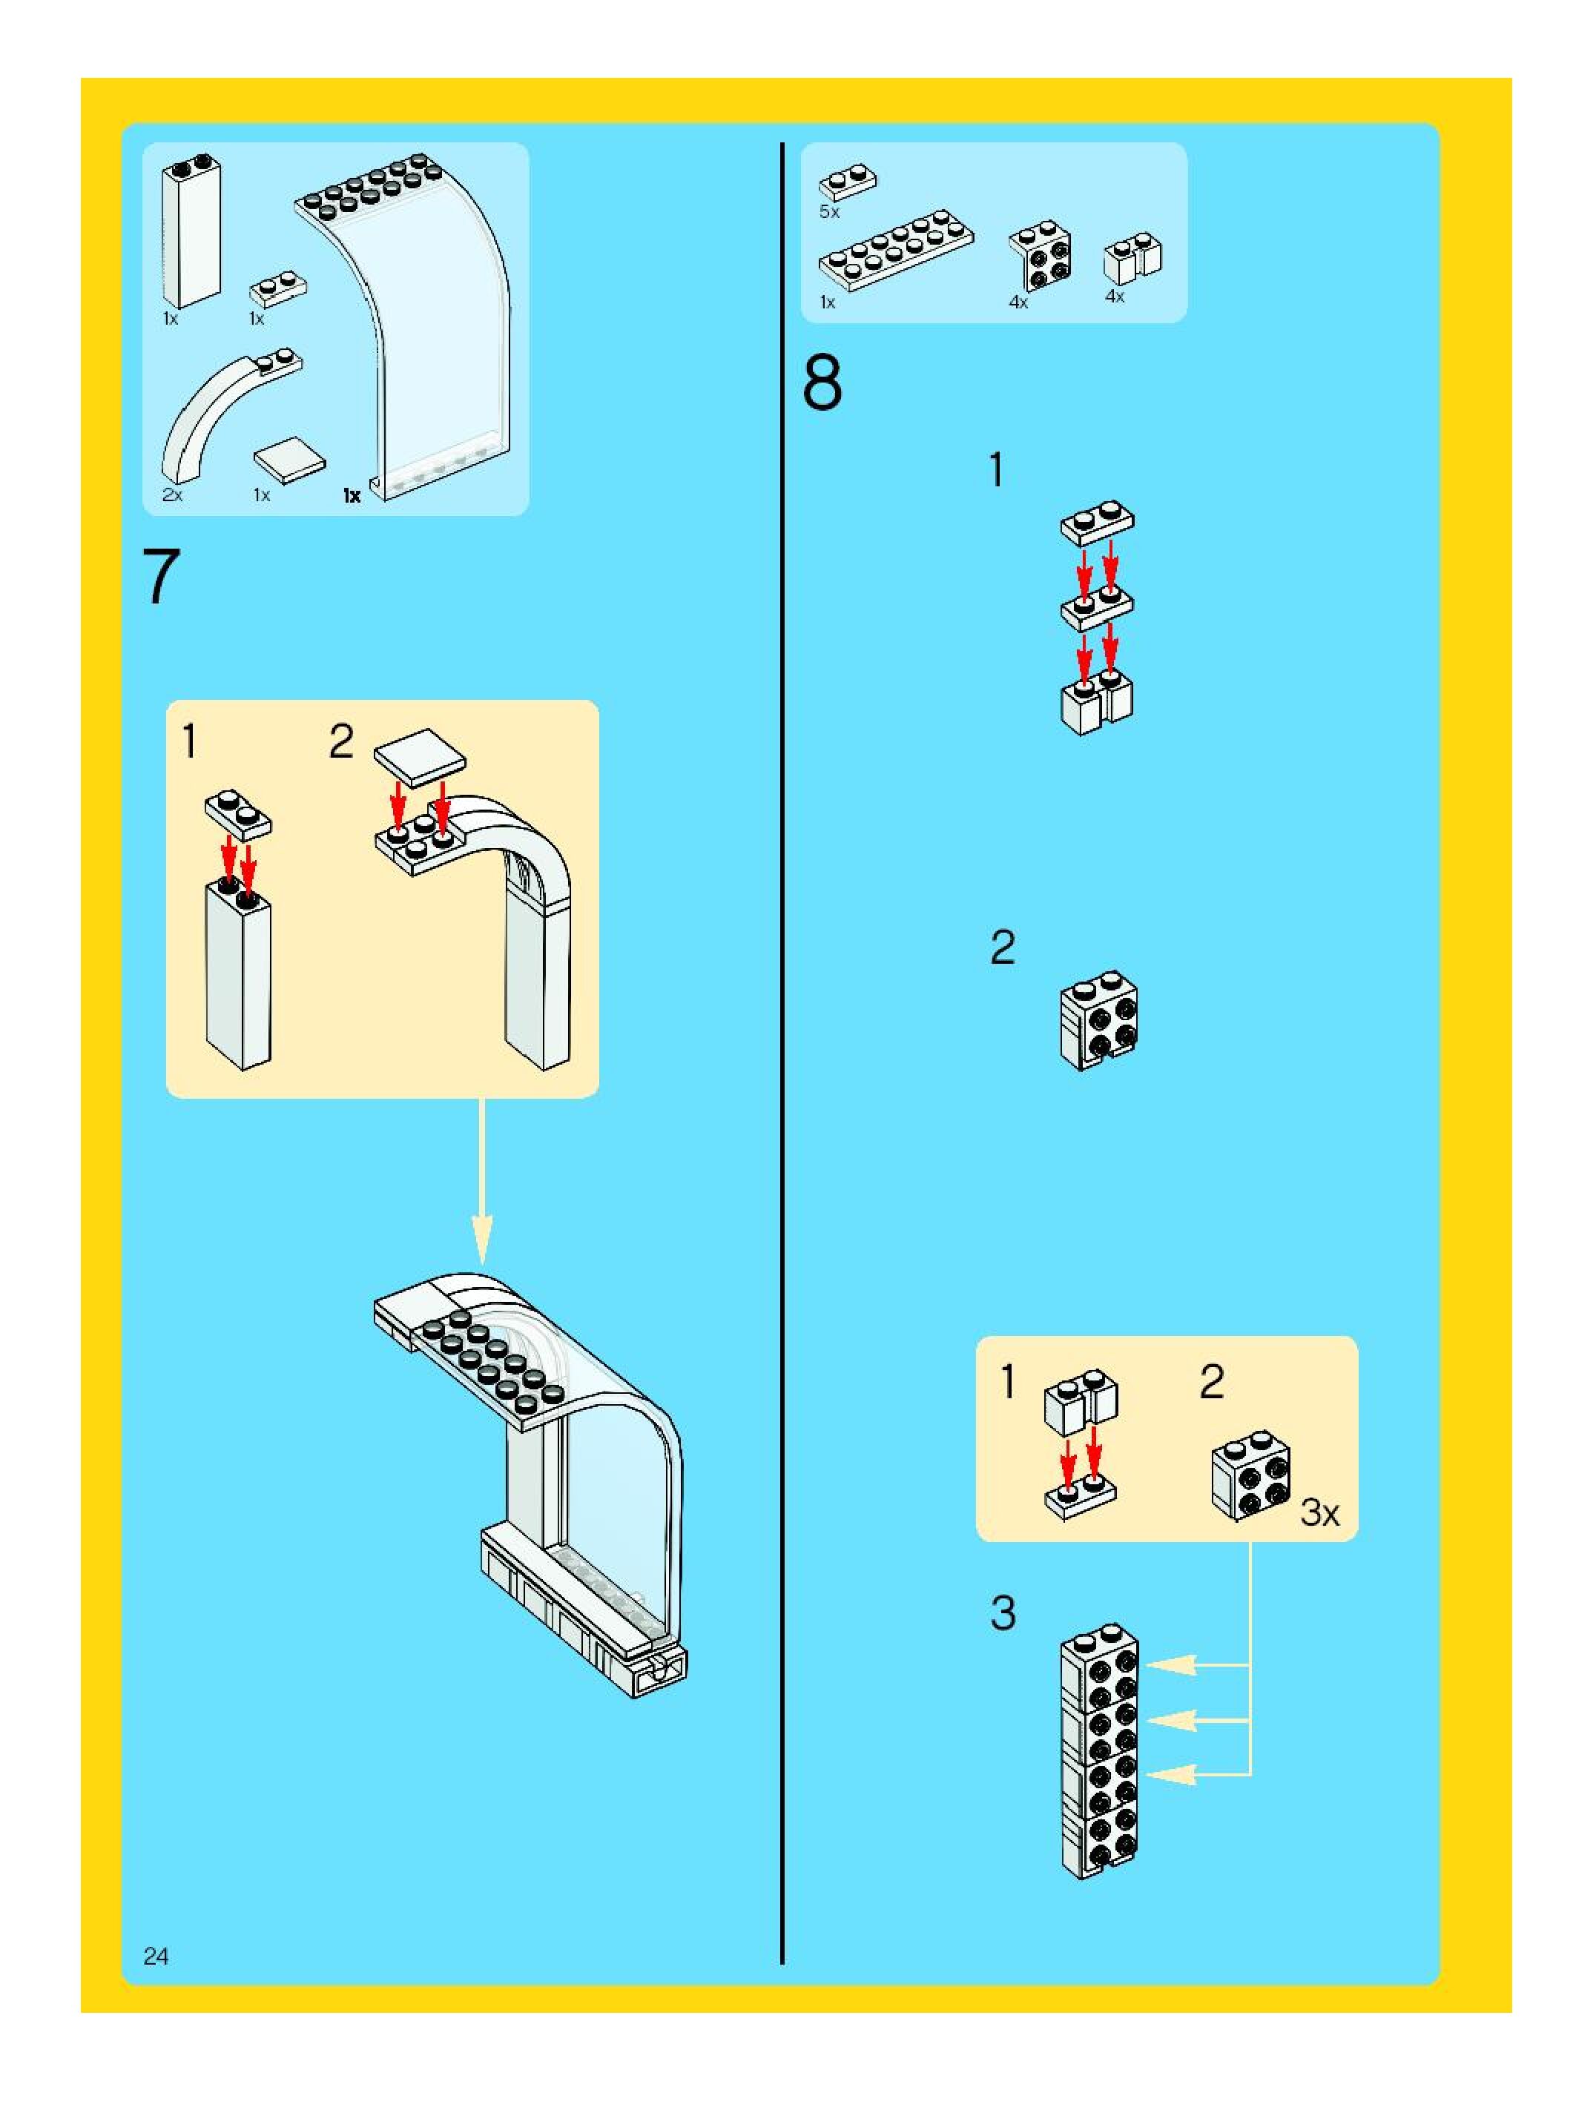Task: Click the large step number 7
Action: [x=161, y=575]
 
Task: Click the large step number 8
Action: [x=822, y=383]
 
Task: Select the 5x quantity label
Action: [x=829, y=211]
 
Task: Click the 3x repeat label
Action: [x=1319, y=1512]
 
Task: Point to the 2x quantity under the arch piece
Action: [x=173, y=494]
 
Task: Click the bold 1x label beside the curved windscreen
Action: [x=352, y=495]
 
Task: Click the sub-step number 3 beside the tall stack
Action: [x=1003, y=1613]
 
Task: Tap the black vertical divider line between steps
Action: [x=782, y=1048]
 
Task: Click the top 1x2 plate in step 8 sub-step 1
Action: [x=1097, y=522]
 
